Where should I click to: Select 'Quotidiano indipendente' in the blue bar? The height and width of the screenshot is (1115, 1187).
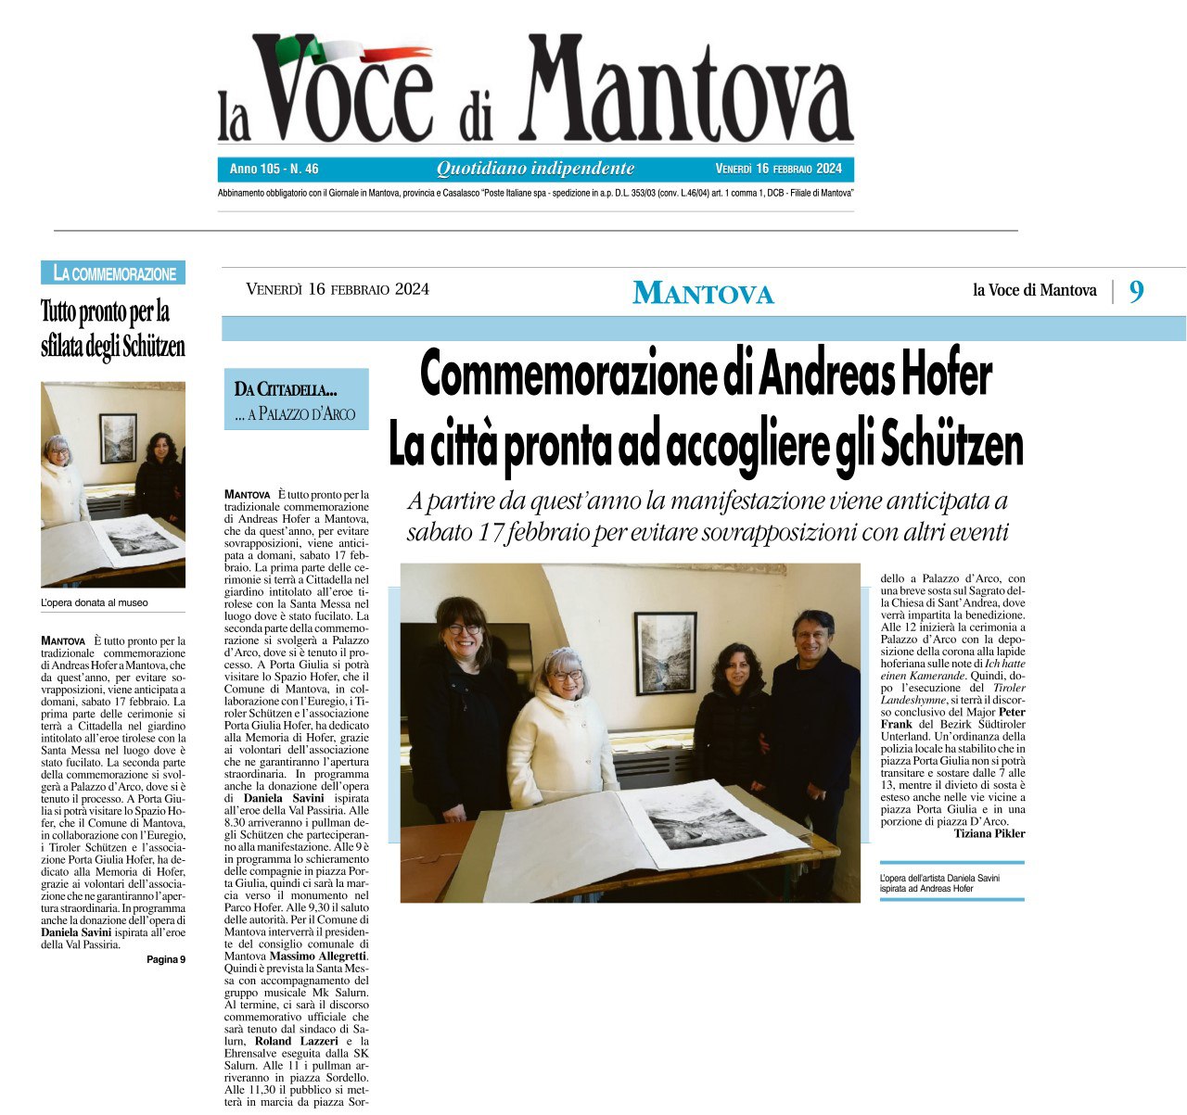click(x=535, y=169)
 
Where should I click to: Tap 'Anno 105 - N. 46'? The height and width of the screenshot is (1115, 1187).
click(x=274, y=169)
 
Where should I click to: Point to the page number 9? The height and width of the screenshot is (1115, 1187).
click(x=1136, y=292)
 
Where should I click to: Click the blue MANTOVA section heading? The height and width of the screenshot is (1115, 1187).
click(x=703, y=293)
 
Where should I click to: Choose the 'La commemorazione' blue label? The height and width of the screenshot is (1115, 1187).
click(x=114, y=273)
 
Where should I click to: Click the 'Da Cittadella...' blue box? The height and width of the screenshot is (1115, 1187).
click(x=296, y=399)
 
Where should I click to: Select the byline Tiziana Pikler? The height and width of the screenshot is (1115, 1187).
click(x=989, y=833)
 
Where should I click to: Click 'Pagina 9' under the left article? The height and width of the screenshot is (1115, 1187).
click(x=165, y=959)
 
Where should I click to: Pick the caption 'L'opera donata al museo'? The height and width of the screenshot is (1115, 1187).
click(x=95, y=602)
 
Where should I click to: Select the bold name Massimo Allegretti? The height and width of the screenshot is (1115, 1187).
click(x=318, y=956)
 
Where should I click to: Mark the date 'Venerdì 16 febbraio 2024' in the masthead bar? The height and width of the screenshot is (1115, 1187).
click(x=778, y=169)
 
